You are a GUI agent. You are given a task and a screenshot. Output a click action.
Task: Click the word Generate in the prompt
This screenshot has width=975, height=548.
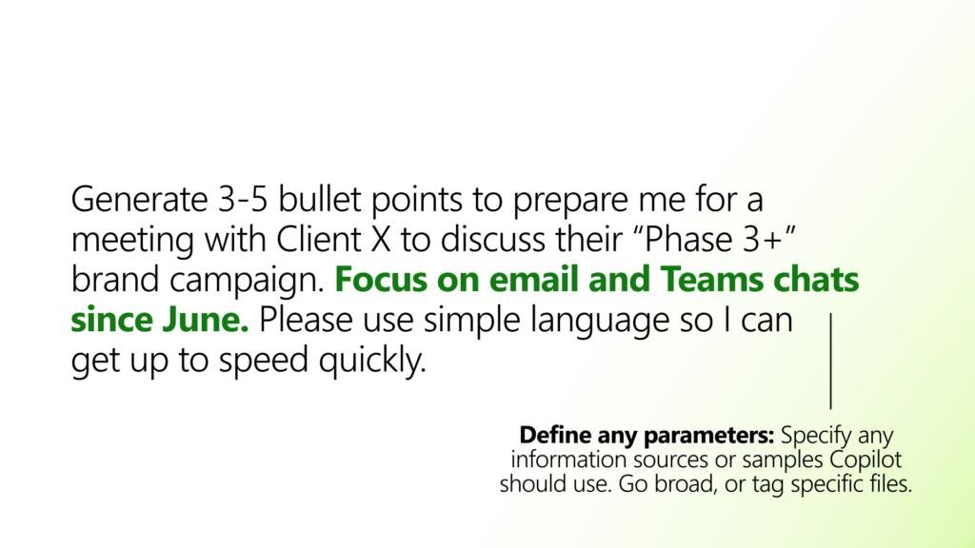click(x=139, y=201)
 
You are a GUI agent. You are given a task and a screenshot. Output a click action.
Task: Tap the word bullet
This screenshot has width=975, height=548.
click(x=319, y=200)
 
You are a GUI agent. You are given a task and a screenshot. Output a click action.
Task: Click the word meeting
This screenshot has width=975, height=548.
click(x=132, y=241)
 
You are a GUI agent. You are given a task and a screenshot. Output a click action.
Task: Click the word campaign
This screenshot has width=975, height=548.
click(x=248, y=281)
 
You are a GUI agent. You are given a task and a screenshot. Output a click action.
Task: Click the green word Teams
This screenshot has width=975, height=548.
click(x=710, y=279)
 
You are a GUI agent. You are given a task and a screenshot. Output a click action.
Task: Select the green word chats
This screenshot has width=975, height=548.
click(x=816, y=279)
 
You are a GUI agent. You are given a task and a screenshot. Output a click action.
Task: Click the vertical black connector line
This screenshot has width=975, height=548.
click(x=830, y=361)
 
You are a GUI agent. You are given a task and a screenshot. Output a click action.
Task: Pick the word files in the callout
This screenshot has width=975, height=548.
click(x=889, y=484)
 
